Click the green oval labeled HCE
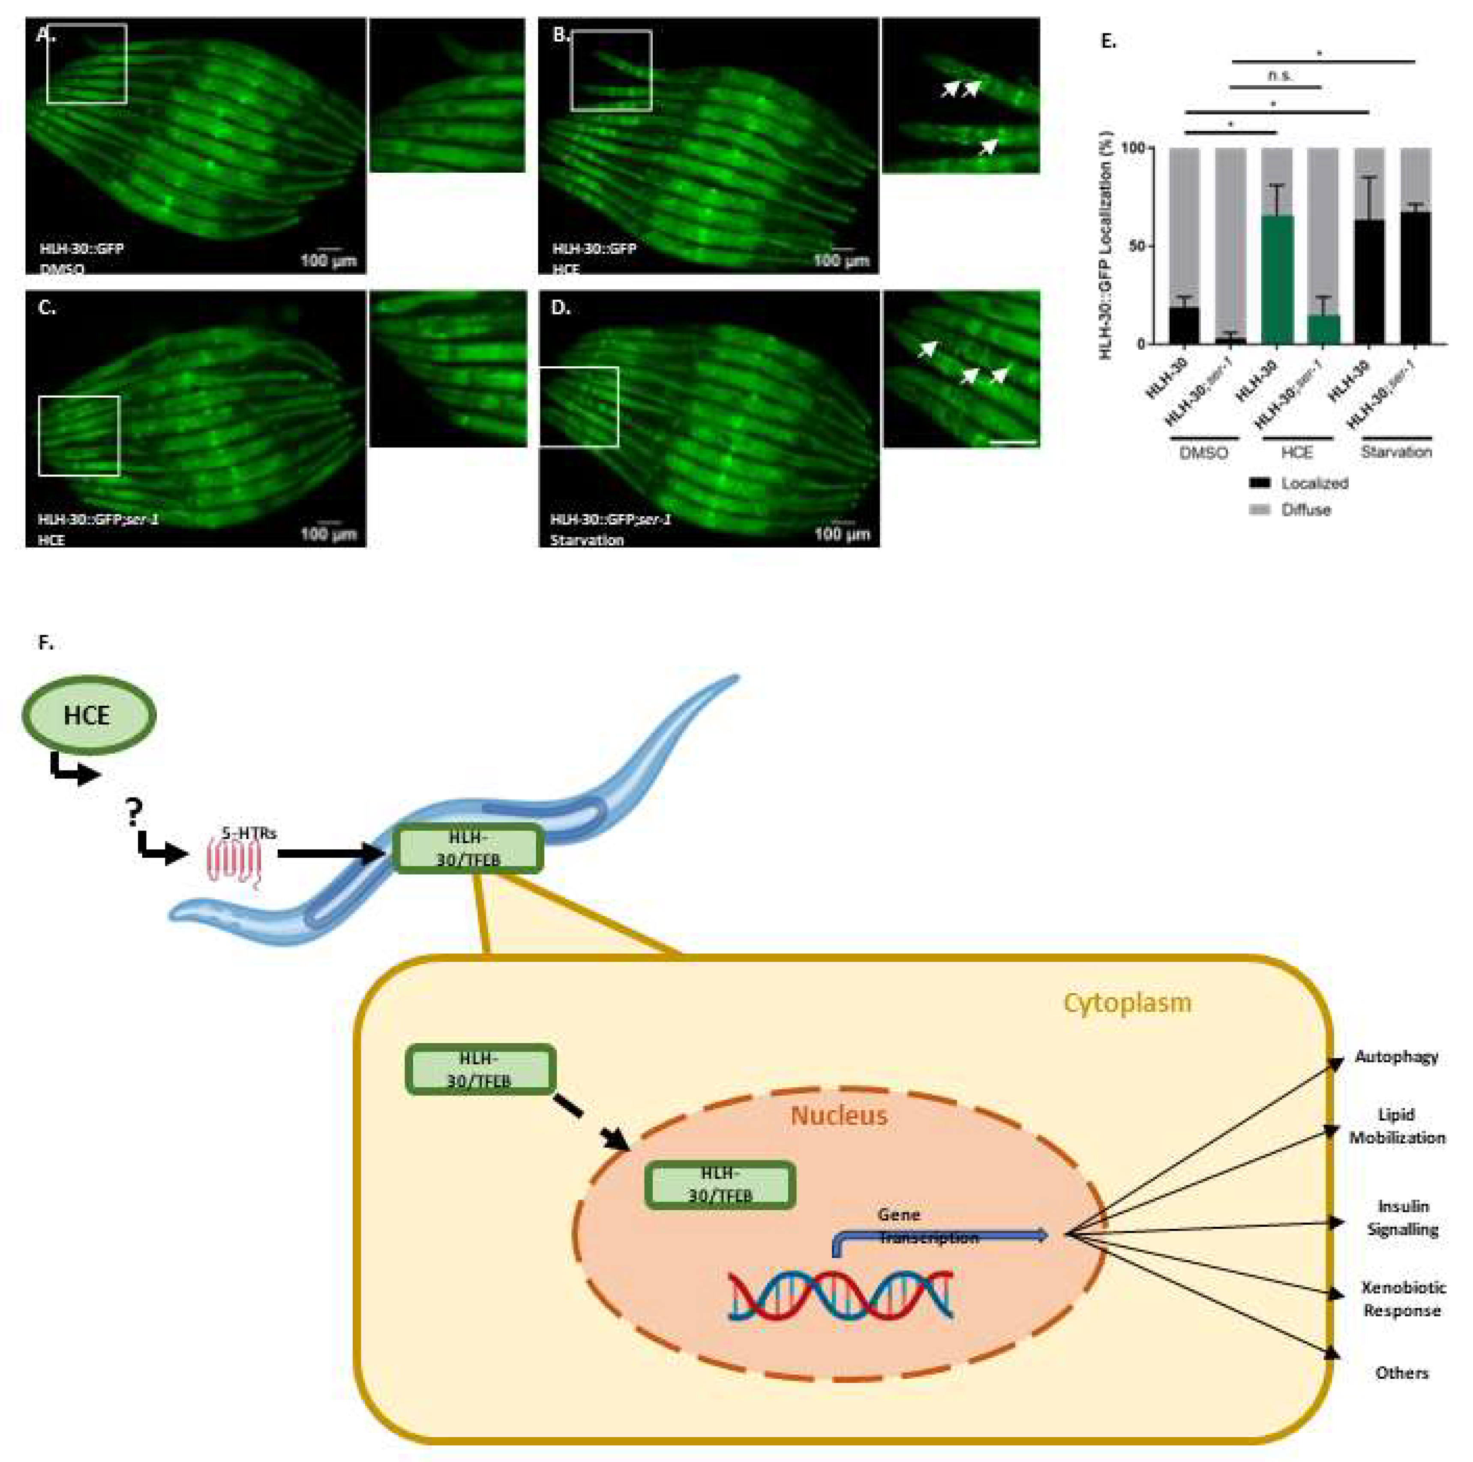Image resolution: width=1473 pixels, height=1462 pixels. pyautogui.click(x=88, y=715)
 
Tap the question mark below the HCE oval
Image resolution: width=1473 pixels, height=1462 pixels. pyautogui.click(x=134, y=813)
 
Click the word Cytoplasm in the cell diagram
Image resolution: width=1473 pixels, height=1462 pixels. pyautogui.click(x=1127, y=1002)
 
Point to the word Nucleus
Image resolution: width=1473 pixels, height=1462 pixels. pyautogui.click(x=839, y=1116)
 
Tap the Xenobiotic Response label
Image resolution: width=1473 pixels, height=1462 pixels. pyautogui.click(x=1403, y=1299)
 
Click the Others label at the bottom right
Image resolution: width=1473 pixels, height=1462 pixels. pyautogui.click(x=1401, y=1373)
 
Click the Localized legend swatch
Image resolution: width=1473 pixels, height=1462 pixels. pyautogui.click(x=1260, y=483)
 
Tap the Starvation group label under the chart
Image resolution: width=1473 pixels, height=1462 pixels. pyautogui.click(x=1396, y=452)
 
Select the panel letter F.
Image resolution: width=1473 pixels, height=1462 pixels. pyautogui.click(x=46, y=643)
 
